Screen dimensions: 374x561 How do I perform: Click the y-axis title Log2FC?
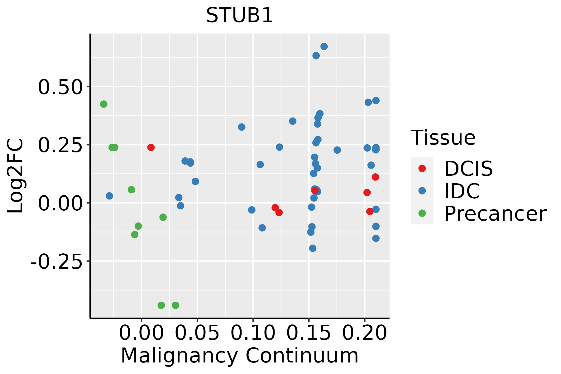(16, 176)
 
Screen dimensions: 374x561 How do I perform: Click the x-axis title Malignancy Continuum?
(239, 356)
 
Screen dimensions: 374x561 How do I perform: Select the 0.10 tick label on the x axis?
(253, 333)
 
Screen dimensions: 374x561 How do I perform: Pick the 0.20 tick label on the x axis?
(364, 333)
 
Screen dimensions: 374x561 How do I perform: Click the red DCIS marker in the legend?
(422, 168)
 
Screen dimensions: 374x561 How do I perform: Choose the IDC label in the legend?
(462, 191)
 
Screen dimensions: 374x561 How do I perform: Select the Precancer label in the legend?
(495, 214)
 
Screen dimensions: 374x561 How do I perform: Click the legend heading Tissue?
(443, 137)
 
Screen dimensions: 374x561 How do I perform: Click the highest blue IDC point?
(324, 46)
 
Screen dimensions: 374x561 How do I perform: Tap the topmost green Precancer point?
(104, 104)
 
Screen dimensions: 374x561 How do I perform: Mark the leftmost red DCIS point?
(151, 147)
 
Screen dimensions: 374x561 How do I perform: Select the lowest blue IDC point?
(313, 248)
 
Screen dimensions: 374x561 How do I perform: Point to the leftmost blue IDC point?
(109, 196)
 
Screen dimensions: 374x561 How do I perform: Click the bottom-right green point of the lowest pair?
(175, 305)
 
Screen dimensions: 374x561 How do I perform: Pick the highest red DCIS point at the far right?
(375, 177)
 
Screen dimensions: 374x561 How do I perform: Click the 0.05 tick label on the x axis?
(197, 333)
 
